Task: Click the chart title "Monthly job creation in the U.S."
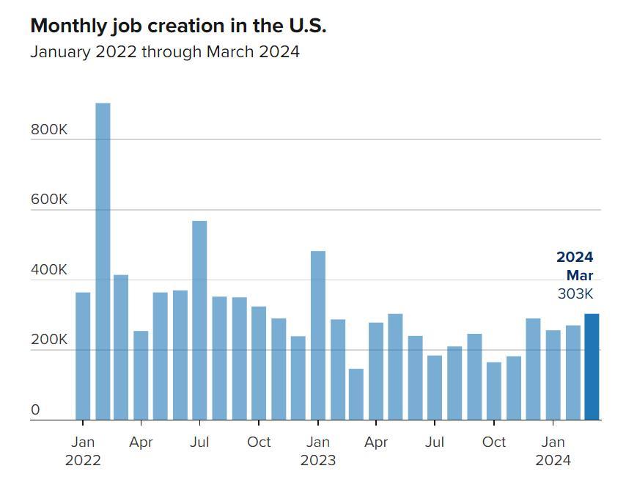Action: pyautogui.click(x=178, y=26)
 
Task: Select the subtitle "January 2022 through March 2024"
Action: pyautogui.click(x=165, y=52)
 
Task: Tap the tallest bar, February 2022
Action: pyautogui.click(x=103, y=261)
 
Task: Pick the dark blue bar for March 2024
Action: pyautogui.click(x=592, y=367)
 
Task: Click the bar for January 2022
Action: pyautogui.click(x=83, y=356)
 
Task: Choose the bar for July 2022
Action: pyautogui.click(x=199, y=320)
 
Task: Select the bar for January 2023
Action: pyautogui.click(x=318, y=335)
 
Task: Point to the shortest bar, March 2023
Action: pyautogui.click(x=356, y=394)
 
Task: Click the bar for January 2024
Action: pyautogui.click(x=553, y=375)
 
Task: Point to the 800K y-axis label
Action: pyautogui.click(x=48, y=130)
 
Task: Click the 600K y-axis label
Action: pyautogui.click(x=48, y=200)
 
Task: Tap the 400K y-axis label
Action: pyautogui.click(x=48, y=270)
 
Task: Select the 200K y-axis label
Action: pyautogui.click(x=48, y=340)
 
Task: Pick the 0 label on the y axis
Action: pyautogui.click(x=35, y=411)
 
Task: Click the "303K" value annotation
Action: pyautogui.click(x=575, y=294)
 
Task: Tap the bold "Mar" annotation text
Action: pyautogui.click(x=579, y=276)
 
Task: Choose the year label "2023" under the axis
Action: pyautogui.click(x=318, y=461)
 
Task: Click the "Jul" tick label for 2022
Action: pyautogui.click(x=199, y=442)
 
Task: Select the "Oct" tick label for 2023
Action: pyautogui.click(x=494, y=442)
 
